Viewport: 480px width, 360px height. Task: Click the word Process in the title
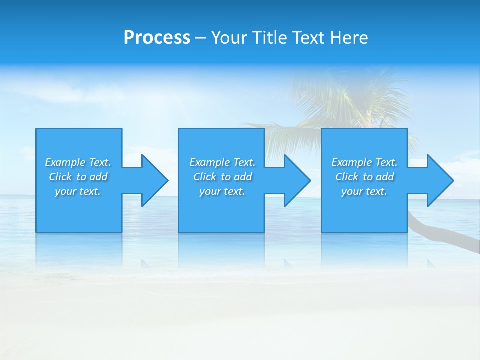(x=157, y=38)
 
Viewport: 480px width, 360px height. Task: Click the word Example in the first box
(x=65, y=162)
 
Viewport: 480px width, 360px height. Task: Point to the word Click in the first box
(x=60, y=177)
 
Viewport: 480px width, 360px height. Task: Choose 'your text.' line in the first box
(x=78, y=191)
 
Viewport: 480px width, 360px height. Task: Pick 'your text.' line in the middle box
(x=222, y=191)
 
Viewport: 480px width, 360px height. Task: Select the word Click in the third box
(x=347, y=177)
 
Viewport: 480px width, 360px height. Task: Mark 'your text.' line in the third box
(x=364, y=191)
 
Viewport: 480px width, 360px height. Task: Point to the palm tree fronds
(x=345, y=100)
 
